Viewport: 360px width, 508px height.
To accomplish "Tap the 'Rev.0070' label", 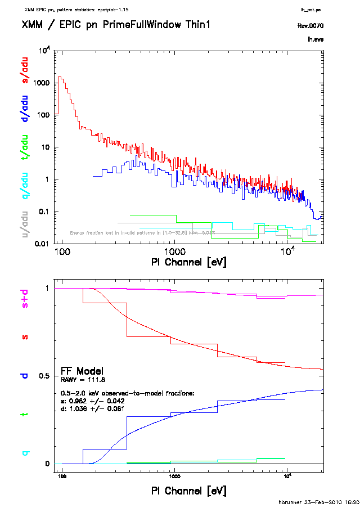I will (310, 26).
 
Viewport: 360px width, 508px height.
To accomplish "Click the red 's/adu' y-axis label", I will (25, 71).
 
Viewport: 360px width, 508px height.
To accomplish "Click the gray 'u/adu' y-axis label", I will (25, 224).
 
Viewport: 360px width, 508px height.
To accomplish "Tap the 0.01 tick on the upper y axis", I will (43, 244).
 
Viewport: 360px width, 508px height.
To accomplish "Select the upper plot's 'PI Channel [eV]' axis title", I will (189, 262).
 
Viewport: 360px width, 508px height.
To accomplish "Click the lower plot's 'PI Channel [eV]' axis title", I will (189, 491).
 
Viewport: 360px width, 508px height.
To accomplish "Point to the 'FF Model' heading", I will (82, 371).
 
